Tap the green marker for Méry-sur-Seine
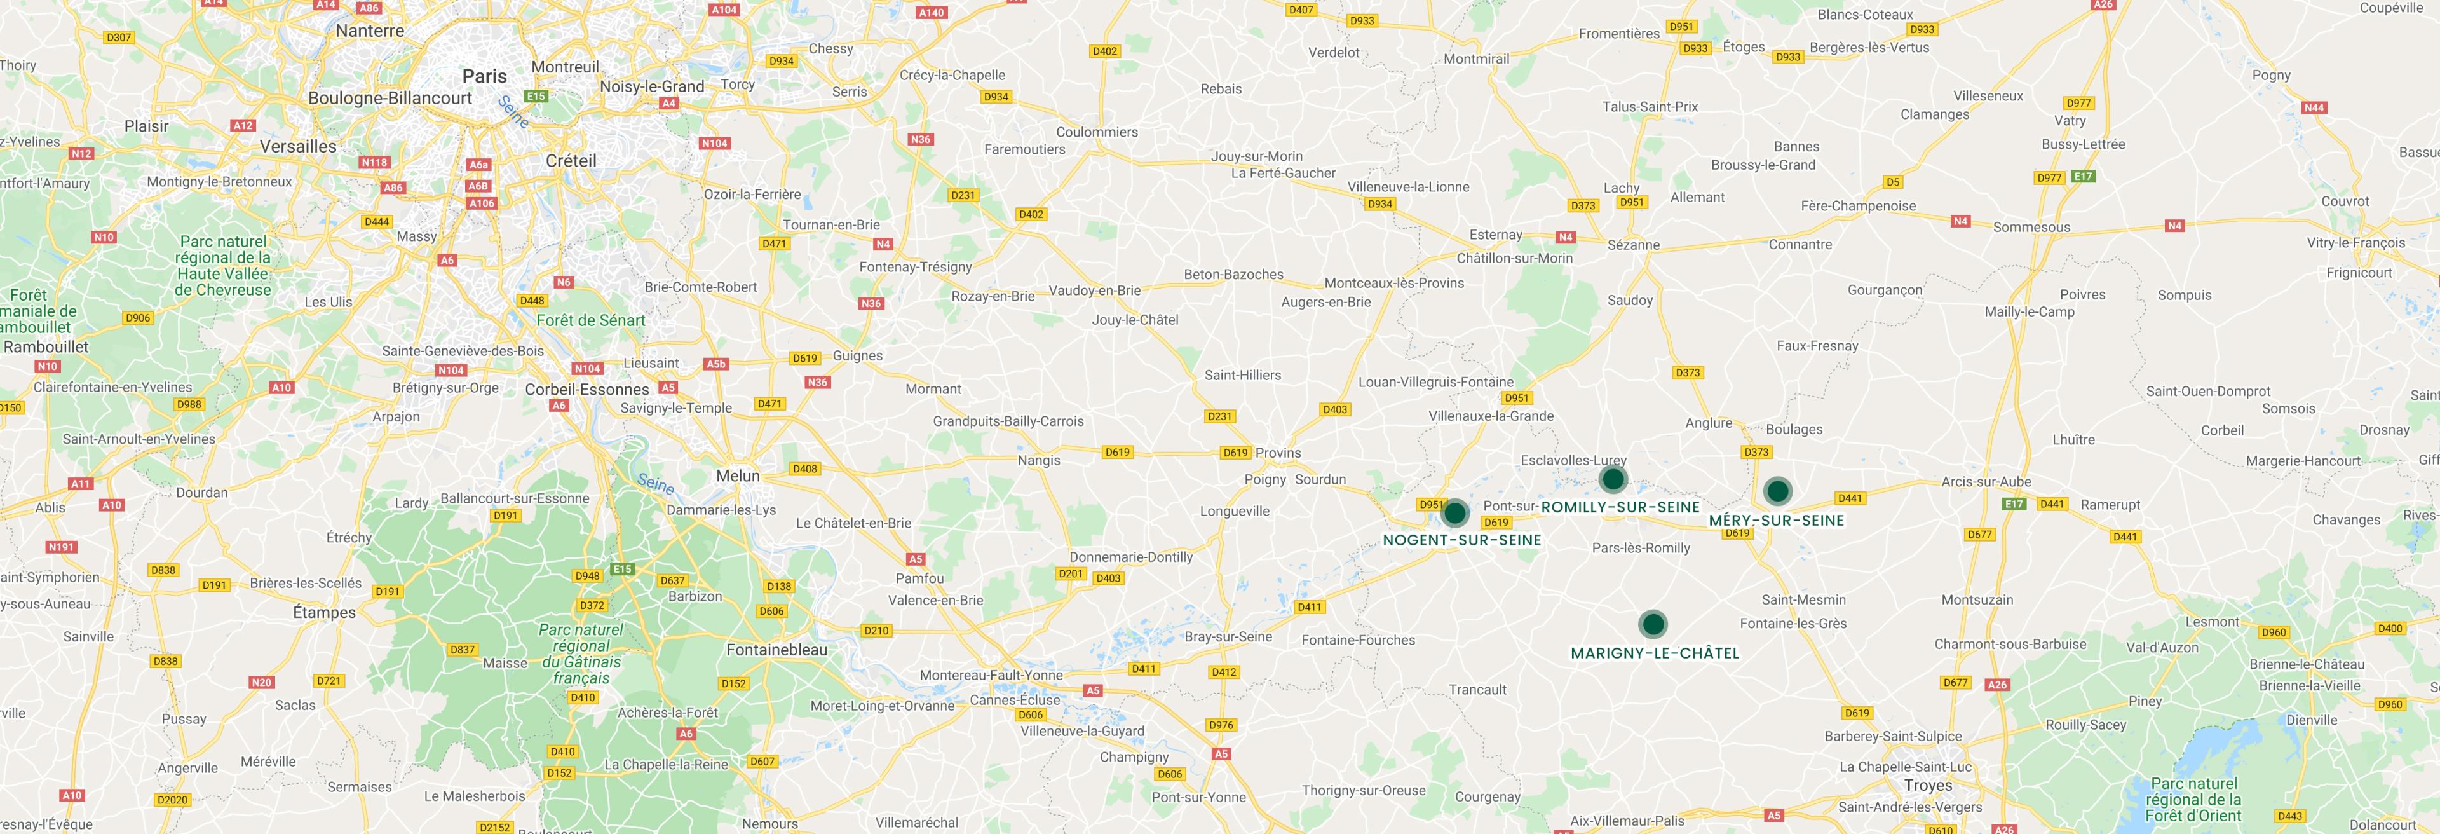click(1777, 491)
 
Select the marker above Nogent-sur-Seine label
click(1455, 514)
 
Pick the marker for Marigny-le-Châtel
click(1652, 624)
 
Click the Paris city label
click(484, 76)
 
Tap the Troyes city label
click(1928, 786)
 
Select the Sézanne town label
click(1633, 245)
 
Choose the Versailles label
click(299, 146)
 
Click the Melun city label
click(738, 475)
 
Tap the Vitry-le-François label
click(2355, 243)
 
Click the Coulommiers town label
click(1097, 132)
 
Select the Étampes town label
click(324, 612)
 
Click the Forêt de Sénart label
click(590, 320)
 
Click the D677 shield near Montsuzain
click(1980, 535)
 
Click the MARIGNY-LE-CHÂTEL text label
click(1655, 653)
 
